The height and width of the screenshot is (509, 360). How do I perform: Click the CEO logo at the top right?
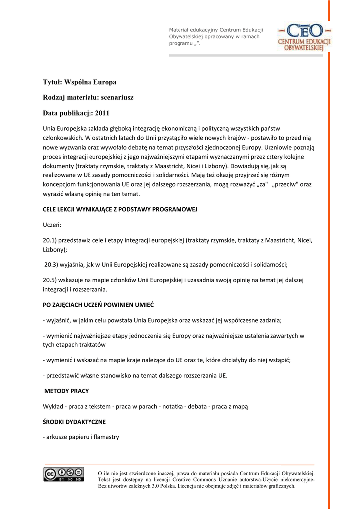coord(304,37)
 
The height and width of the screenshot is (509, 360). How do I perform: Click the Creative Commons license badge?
coord(64,475)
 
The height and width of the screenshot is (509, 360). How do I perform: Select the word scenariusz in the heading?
coord(115,97)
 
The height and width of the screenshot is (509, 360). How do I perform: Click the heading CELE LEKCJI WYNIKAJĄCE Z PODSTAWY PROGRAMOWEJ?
coord(120,209)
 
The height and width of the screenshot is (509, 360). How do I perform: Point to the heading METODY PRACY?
coord(67,391)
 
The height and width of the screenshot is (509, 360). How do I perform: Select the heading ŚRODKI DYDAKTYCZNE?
coord(75,422)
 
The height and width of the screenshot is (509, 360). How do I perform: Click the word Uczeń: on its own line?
coord(52,225)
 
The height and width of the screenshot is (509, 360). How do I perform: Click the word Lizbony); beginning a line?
coord(55,249)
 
